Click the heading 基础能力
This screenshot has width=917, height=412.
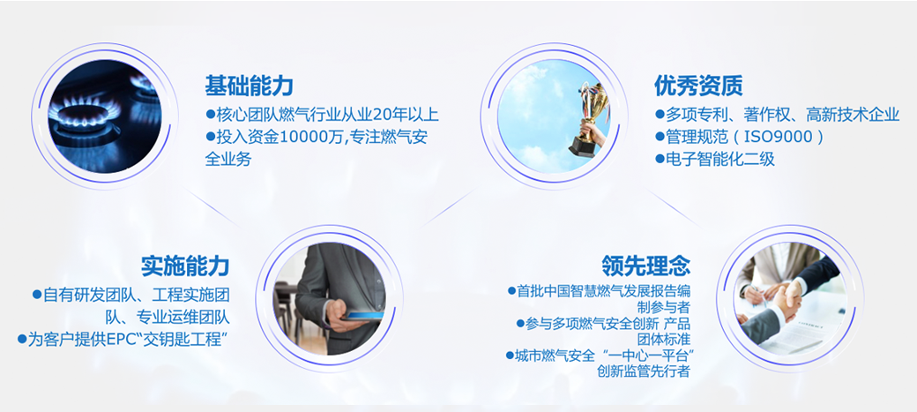[x=249, y=86]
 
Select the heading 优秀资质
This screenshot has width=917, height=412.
[x=698, y=86]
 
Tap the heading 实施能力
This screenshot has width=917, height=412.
[x=185, y=266]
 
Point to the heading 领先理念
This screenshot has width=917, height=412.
[x=646, y=266]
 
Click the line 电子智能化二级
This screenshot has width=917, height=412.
[x=720, y=159]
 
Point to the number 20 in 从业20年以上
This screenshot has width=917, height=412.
[x=363, y=115]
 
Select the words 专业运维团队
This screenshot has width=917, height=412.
[x=183, y=318]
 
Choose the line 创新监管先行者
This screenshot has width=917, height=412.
[x=644, y=371]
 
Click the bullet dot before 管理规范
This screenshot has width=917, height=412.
[x=660, y=138]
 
